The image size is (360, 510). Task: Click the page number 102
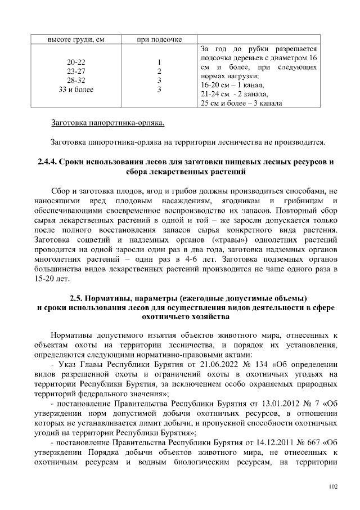332,486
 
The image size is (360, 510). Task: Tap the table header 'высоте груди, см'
74,39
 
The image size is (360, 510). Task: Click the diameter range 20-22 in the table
74,62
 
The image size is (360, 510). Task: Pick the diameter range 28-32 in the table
74,80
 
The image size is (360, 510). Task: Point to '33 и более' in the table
74,89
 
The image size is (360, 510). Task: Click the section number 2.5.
78,297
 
